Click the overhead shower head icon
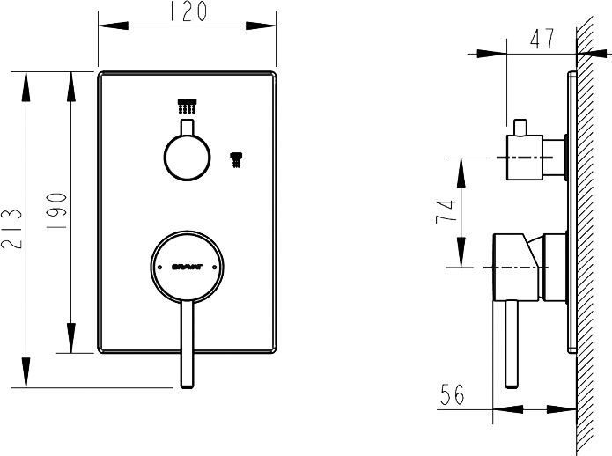click(186, 107)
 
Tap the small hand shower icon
click(235, 159)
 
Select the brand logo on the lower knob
click(186, 265)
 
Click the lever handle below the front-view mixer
click(187, 343)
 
